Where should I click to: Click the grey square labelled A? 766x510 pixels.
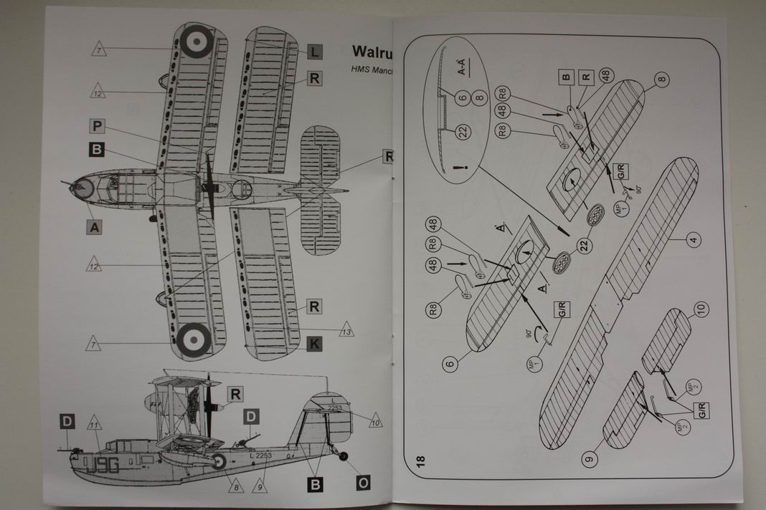click(x=93, y=227)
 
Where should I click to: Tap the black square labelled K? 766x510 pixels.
click(x=313, y=344)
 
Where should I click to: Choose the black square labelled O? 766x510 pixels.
click(x=363, y=483)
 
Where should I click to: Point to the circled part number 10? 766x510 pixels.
click(x=700, y=310)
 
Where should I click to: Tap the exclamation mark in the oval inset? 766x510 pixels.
click(x=456, y=168)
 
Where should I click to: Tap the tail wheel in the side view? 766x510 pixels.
click(x=343, y=456)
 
